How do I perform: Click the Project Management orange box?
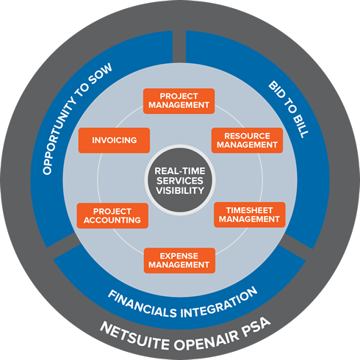point(179,101)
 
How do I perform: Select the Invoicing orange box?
point(114,140)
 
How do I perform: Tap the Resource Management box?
point(247,140)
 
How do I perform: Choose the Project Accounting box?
point(112,216)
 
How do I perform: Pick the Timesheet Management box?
point(250,215)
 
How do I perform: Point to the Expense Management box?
point(179,261)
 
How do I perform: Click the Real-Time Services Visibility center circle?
point(180,180)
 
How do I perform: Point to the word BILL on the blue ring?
point(300,126)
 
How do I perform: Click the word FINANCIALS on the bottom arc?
point(142,303)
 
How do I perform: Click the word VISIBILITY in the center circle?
point(180,190)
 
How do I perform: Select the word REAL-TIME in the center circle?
point(180,171)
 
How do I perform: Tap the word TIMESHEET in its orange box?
point(249,210)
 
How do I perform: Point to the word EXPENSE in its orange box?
point(179,256)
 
